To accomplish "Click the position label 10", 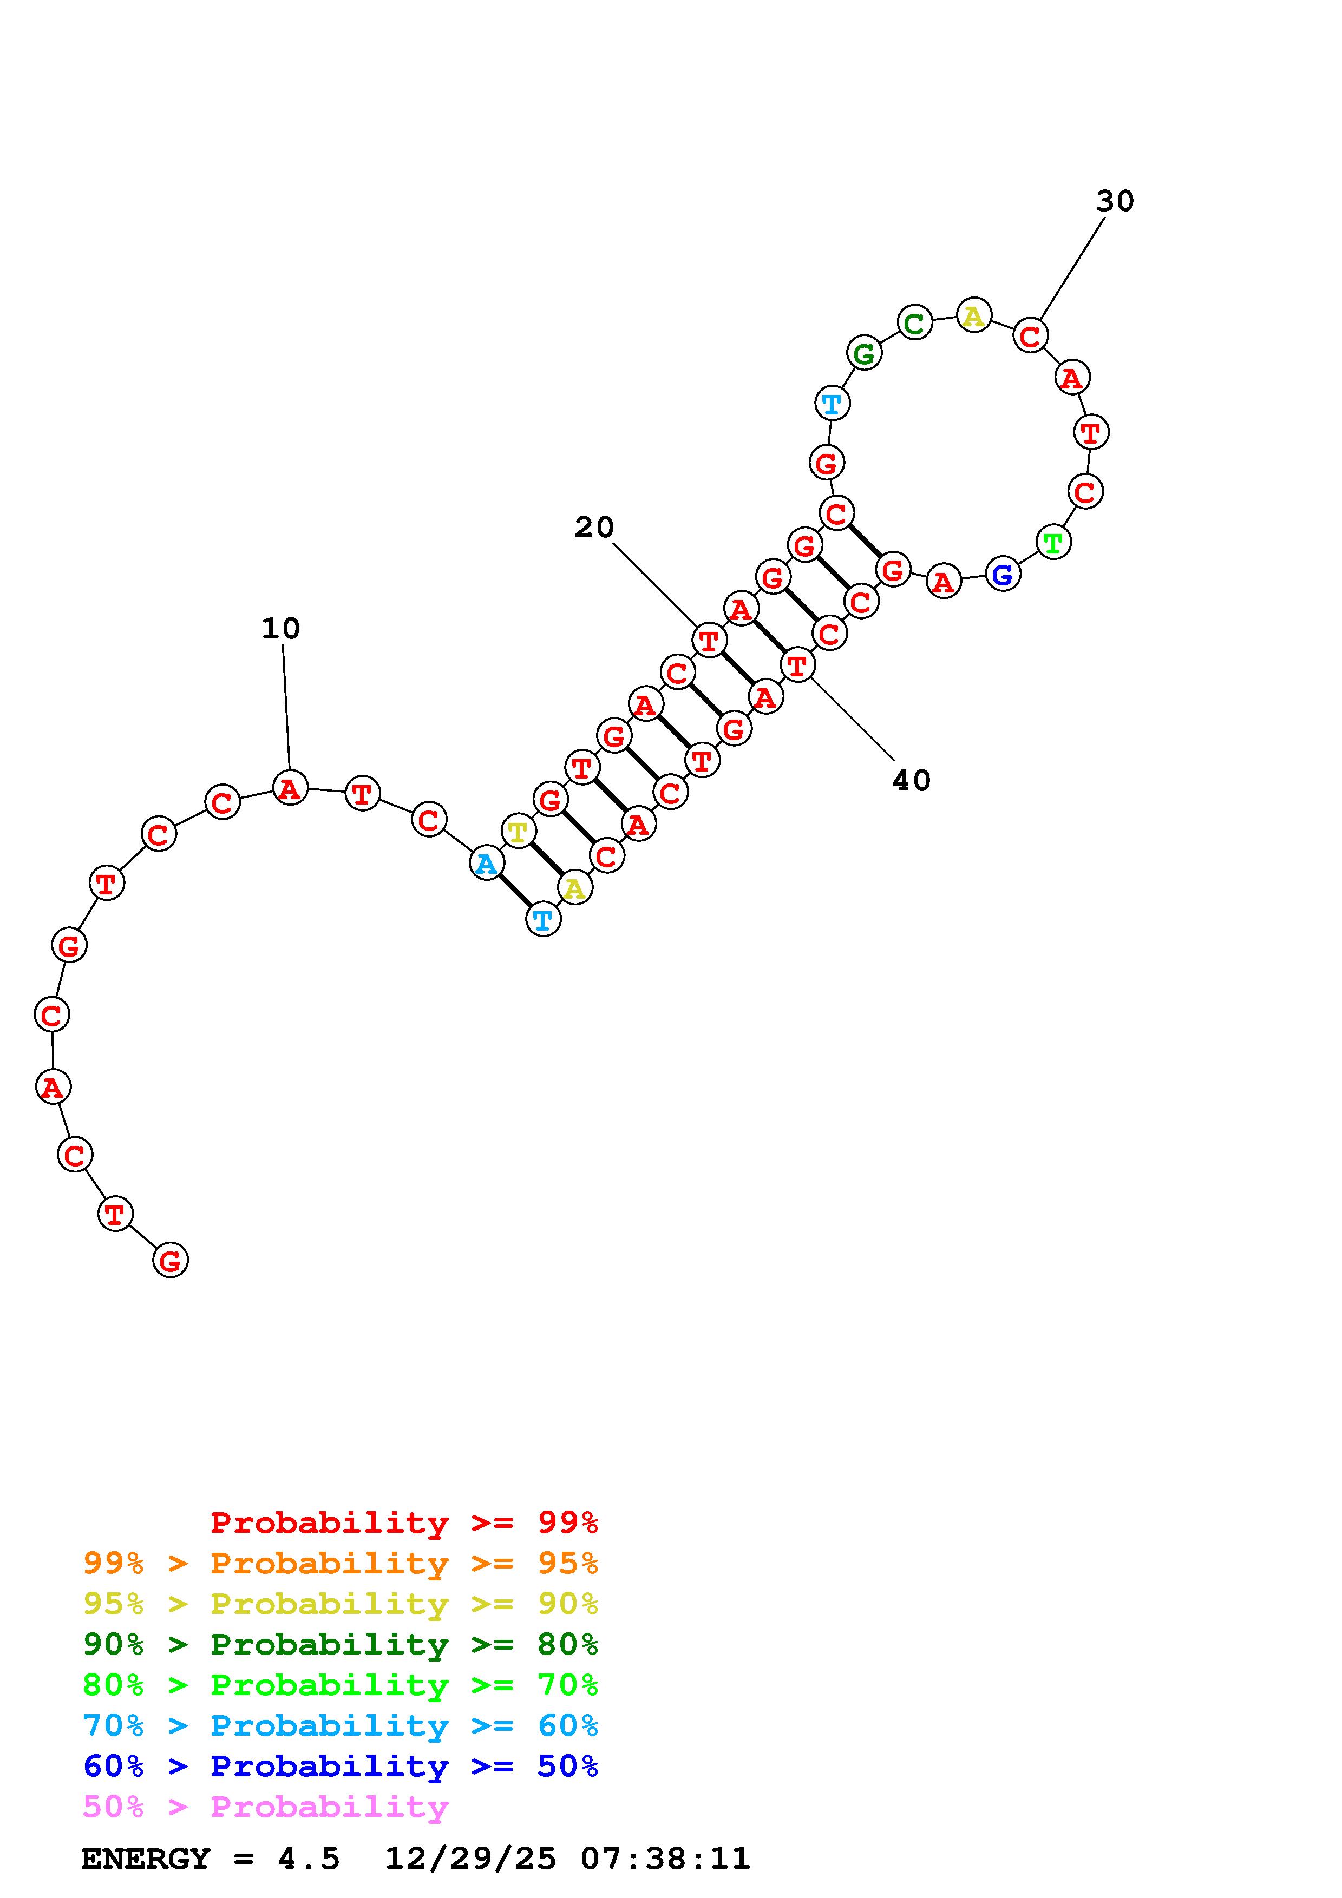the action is pos(280,628).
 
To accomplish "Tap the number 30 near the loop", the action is pos(1115,201).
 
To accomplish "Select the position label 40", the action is pos(911,780).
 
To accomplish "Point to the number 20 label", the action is pos(594,528).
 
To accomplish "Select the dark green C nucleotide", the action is pos(914,322).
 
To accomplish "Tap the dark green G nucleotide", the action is pos(864,353).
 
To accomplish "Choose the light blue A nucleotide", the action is pos(486,863).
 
